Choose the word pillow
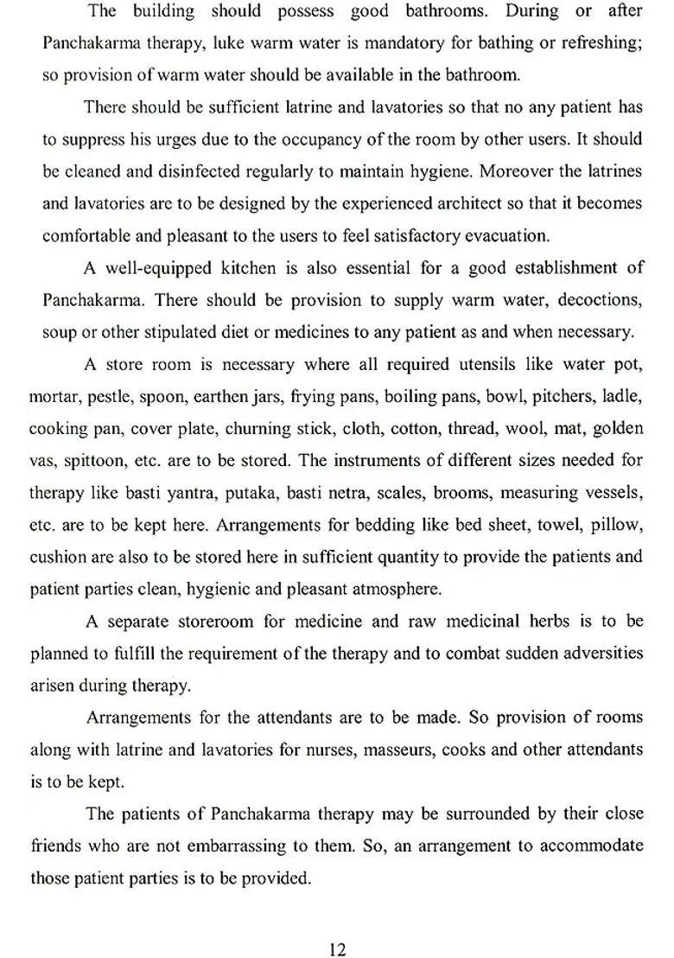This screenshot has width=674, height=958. (x=614, y=525)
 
